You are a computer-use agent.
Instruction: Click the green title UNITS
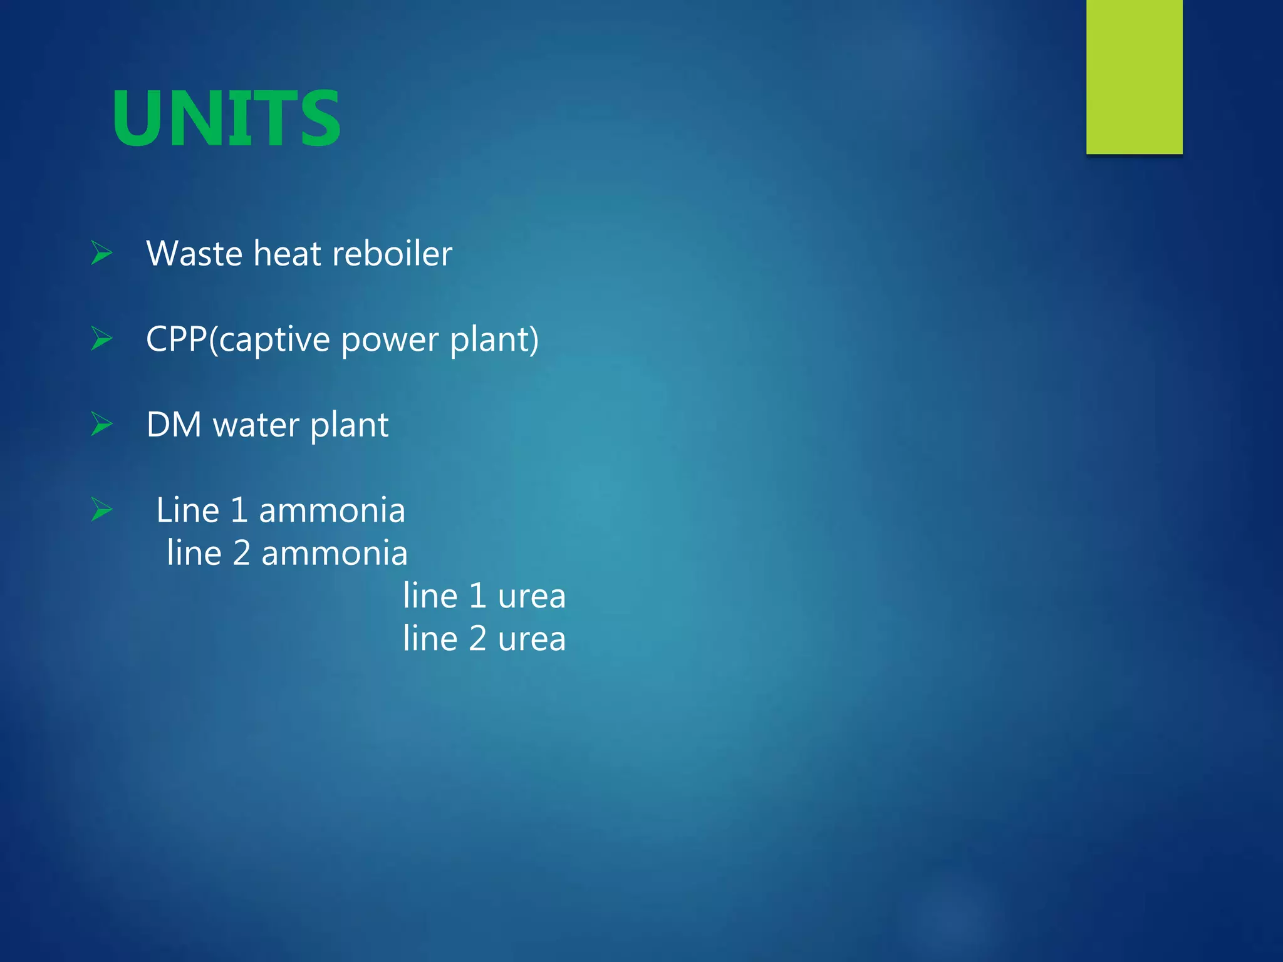(x=226, y=118)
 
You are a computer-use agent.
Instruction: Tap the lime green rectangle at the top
(x=1134, y=76)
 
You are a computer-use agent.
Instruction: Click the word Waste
(x=194, y=254)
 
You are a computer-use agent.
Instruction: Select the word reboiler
(x=392, y=254)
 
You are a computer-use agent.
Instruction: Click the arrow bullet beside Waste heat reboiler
(x=101, y=253)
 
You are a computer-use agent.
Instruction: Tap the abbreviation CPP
(x=176, y=339)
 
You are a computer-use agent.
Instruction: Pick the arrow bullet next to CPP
(x=101, y=339)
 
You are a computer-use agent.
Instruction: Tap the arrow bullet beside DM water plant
(x=101, y=424)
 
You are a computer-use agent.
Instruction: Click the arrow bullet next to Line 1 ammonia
(x=101, y=509)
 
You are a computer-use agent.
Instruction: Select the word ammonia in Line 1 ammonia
(x=332, y=511)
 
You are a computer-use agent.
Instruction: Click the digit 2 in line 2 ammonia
(x=241, y=554)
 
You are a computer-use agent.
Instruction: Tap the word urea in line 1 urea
(x=532, y=596)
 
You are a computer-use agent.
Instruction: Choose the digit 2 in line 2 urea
(x=477, y=639)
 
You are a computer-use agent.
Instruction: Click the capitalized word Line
(x=187, y=510)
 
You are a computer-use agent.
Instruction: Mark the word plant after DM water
(x=349, y=426)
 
